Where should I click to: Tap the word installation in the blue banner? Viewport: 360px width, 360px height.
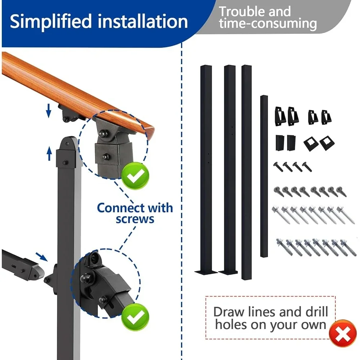pos(143,22)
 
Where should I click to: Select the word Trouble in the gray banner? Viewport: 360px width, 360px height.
pos(241,12)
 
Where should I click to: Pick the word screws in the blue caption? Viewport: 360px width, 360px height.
pos(135,219)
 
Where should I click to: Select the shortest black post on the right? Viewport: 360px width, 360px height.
pos(264,176)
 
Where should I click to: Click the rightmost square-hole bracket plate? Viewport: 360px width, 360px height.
pos(327,143)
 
